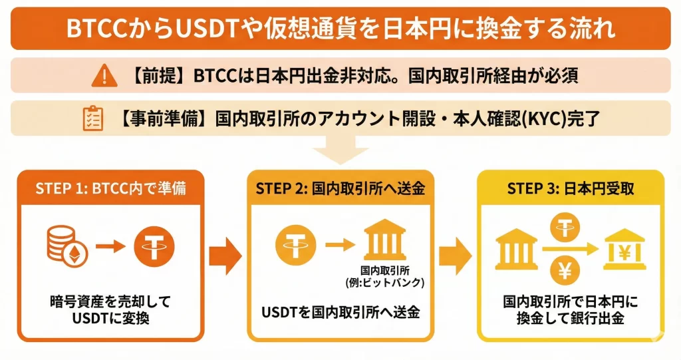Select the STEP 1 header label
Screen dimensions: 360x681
click(x=110, y=188)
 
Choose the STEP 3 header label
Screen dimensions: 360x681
click(x=570, y=188)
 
